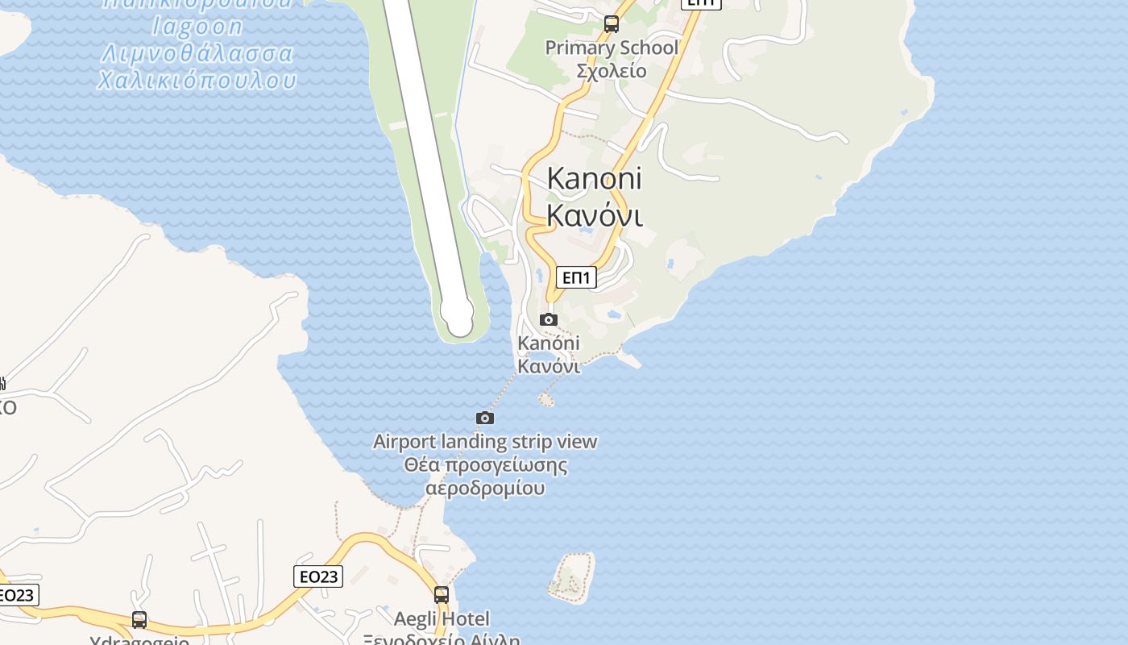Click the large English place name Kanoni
(x=594, y=178)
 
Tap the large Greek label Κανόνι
(x=594, y=215)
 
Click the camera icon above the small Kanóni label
(x=549, y=319)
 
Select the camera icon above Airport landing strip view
(x=485, y=418)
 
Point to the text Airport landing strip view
(x=485, y=442)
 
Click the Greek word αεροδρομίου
(x=485, y=489)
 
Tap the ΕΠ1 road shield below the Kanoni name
(x=576, y=278)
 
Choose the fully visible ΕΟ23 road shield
(x=317, y=576)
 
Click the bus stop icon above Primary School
(x=612, y=24)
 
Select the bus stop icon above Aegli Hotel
(x=442, y=595)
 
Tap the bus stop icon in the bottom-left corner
(x=139, y=620)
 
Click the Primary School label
(x=612, y=48)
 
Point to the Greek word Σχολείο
(x=612, y=71)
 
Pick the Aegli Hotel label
(x=442, y=619)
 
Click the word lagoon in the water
(x=197, y=27)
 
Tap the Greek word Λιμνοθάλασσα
(x=197, y=53)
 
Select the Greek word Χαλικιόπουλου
(x=197, y=81)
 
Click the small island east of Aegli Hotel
(x=572, y=577)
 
